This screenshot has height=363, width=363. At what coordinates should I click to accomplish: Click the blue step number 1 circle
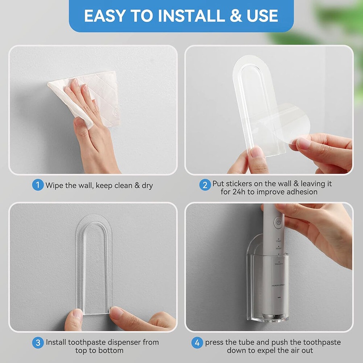[38, 185]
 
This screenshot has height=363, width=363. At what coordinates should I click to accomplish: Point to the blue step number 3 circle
[38, 343]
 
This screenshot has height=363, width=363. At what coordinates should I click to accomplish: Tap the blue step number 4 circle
[197, 343]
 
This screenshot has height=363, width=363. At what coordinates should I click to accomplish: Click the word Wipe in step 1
[54, 186]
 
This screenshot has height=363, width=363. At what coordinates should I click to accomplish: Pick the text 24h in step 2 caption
[238, 192]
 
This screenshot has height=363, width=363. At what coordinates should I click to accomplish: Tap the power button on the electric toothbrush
[278, 222]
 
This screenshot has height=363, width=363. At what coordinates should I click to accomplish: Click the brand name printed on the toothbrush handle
[278, 284]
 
